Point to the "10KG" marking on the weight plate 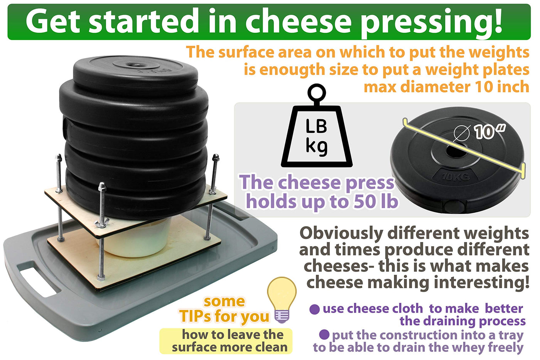456,177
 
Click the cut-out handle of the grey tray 39,281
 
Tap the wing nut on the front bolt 102,224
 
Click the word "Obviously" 342,234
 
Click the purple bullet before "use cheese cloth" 315,309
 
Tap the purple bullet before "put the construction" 324,335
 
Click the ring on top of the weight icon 317,93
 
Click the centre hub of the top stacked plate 133,65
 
